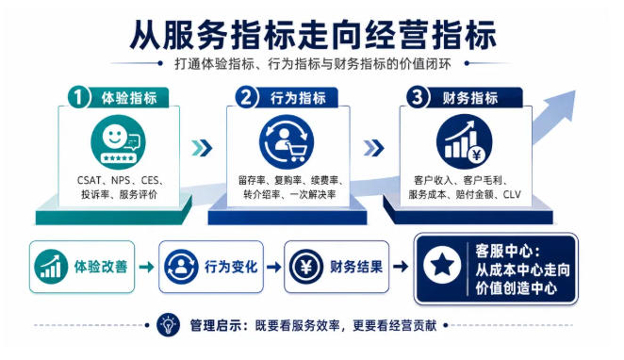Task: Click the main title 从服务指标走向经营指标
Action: point(312,35)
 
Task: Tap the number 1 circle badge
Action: point(78,97)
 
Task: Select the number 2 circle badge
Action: point(247,97)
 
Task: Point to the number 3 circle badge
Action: point(418,97)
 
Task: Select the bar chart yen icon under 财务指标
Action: point(464,141)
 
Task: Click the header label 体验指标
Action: point(129,98)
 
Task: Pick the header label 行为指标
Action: point(298,98)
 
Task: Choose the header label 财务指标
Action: point(470,98)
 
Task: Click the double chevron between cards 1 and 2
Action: point(202,148)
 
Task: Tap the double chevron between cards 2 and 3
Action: point(373,148)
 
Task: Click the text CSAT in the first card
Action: point(89,181)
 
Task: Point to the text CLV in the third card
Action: point(512,194)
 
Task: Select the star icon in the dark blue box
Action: point(442,266)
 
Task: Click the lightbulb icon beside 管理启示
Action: point(169,325)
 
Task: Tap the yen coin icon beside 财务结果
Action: point(306,267)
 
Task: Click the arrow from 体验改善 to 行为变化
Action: point(146,267)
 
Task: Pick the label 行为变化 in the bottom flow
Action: point(231,267)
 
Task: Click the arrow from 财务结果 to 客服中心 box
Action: point(401,267)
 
